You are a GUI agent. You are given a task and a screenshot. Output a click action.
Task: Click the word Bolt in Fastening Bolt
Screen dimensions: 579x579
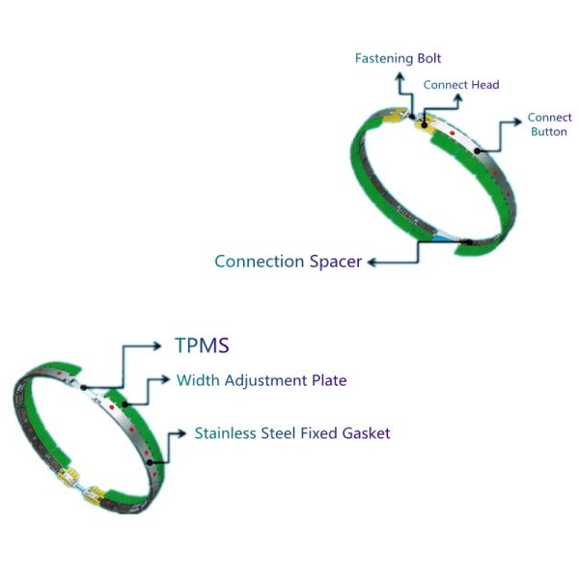click(x=429, y=59)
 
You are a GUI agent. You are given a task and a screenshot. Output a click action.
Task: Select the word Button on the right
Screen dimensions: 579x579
click(x=549, y=131)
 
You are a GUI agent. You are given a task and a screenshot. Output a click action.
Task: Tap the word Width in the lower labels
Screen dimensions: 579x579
click(x=198, y=380)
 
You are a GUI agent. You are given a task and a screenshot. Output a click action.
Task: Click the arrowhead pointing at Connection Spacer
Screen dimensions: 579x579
click(x=372, y=262)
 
